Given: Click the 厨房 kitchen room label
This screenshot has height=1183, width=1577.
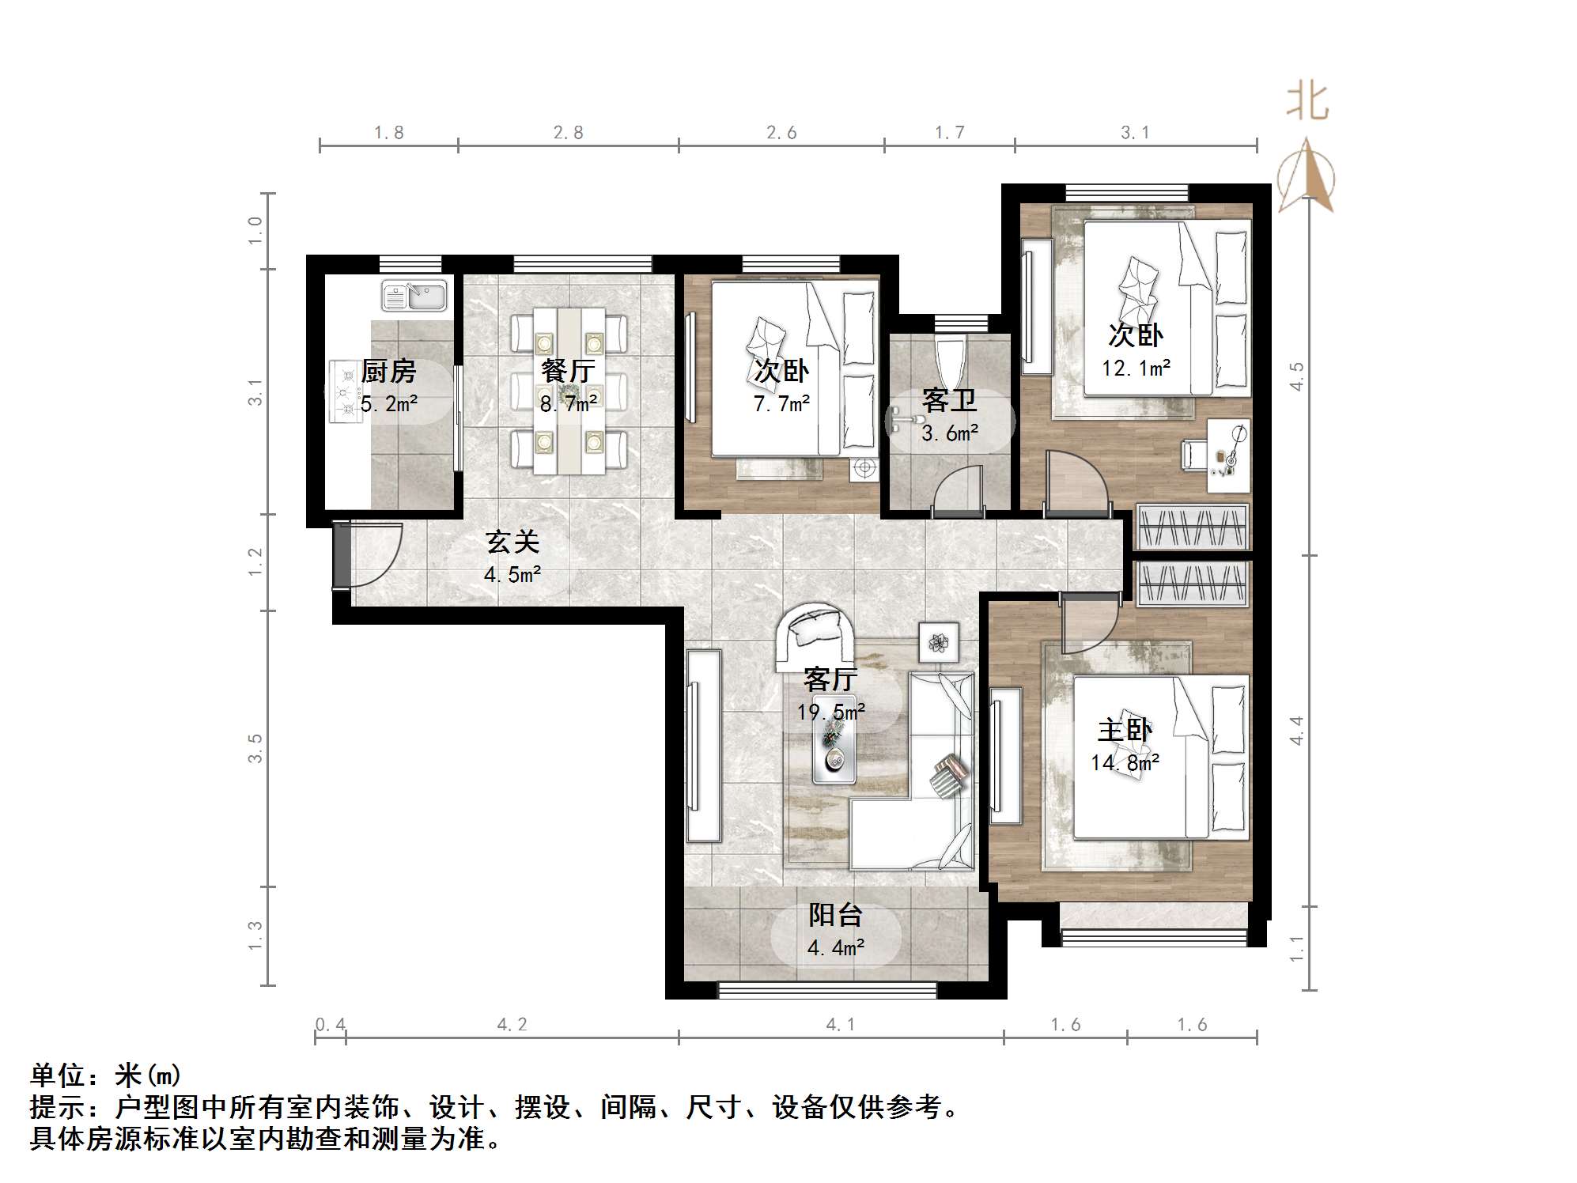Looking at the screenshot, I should [x=388, y=370].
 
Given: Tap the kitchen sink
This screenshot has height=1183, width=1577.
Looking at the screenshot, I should [x=414, y=297].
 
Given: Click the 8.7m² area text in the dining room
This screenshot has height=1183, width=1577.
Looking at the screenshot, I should [x=568, y=404].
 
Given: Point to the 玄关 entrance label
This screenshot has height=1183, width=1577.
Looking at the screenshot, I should [x=512, y=542].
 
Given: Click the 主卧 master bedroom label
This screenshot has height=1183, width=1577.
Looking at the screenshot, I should [x=1124, y=729].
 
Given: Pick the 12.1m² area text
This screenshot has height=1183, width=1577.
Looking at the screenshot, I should [x=1136, y=369].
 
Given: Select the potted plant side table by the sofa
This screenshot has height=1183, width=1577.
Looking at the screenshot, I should [x=939, y=642].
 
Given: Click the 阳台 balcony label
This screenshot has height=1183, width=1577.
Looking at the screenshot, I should [x=835, y=915].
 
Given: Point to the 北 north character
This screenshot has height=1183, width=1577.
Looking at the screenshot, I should [x=1307, y=103].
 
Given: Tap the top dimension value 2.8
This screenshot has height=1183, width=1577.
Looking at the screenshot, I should [x=568, y=133].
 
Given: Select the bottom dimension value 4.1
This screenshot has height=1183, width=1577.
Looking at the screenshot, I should [x=840, y=1025].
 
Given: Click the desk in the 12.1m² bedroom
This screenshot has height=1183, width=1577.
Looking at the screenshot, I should [x=1227, y=455].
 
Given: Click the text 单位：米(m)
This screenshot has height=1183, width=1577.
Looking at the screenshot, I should [x=106, y=1075].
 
